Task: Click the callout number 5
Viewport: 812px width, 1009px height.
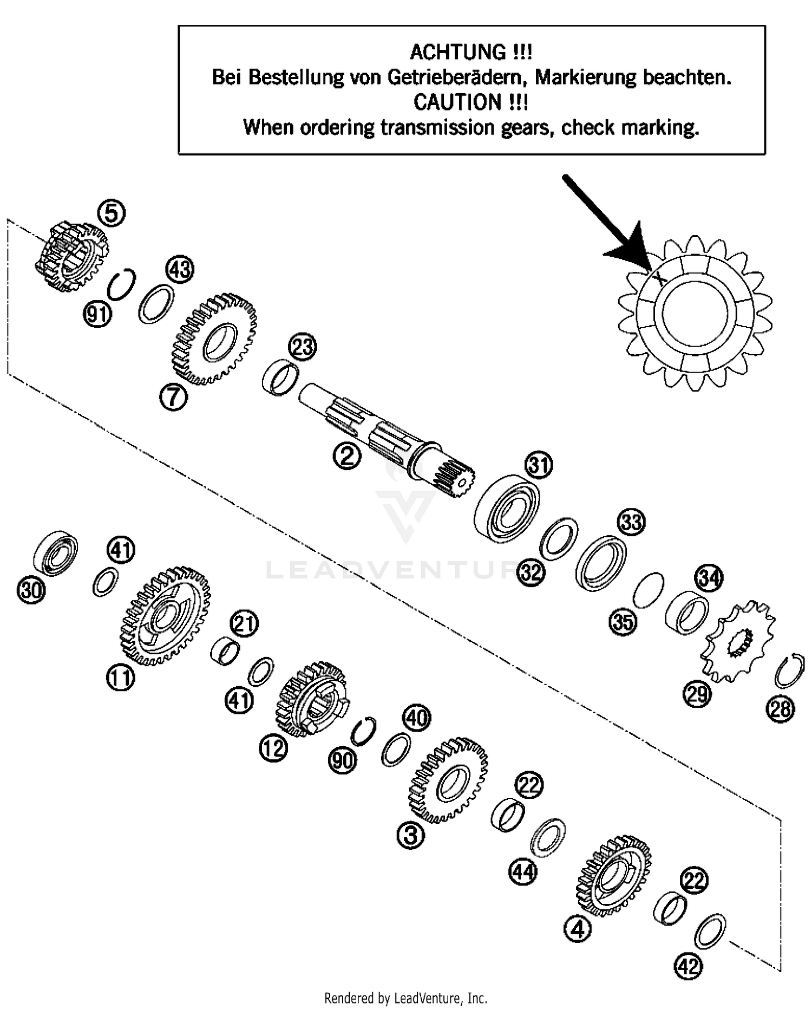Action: click(111, 213)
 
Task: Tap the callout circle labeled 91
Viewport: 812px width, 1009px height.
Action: click(98, 315)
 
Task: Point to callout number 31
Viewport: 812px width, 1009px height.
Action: click(539, 465)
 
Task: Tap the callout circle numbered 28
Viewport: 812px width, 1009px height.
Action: click(781, 709)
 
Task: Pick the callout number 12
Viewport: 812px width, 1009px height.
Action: click(273, 748)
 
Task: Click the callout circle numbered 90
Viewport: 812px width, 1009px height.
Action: click(343, 761)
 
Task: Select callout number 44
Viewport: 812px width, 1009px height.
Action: click(523, 872)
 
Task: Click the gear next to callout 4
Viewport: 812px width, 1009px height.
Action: click(614, 874)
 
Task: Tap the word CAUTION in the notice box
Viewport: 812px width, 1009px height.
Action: click(457, 102)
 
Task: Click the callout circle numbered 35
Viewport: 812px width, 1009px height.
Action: click(623, 622)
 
